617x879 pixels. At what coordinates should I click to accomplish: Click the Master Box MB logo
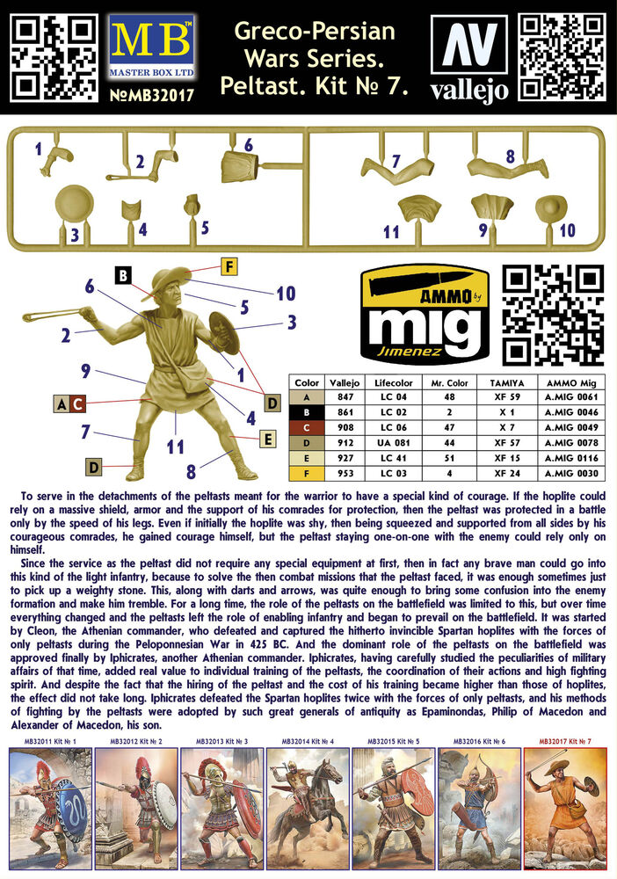[x=152, y=47]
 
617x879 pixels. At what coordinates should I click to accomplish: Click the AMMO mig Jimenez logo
[x=425, y=315]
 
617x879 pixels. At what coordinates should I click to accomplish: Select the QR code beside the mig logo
[x=553, y=315]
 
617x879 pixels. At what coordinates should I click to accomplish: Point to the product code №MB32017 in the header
[x=152, y=95]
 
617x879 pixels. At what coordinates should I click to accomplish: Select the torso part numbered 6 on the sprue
[x=240, y=166]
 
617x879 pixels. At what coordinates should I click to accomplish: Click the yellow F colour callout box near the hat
[x=229, y=266]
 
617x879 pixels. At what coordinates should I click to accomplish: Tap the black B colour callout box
[x=123, y=275]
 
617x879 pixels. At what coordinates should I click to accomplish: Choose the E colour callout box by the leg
[x=268, y=439]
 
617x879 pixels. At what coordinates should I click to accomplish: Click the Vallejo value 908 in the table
[x=345, y=427]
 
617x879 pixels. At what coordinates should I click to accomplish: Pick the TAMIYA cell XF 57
[x=506, y=442]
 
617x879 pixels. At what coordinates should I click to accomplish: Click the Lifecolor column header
[x=394, y=383]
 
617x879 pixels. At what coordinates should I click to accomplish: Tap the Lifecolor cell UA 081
[x=394, y=442]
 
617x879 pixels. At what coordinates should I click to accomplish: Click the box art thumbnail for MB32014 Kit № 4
[x=308, y=809]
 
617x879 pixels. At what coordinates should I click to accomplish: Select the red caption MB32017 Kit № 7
[x=565, y=741]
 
